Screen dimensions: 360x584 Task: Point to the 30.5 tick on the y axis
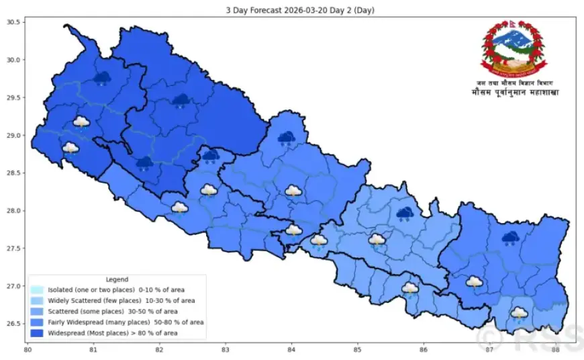[14, 22]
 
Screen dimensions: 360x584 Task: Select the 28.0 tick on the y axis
[14, 211]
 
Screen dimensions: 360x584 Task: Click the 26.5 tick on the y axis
[14, 324]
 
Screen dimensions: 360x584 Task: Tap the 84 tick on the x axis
[291, 349]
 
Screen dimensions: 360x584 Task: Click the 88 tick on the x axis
[555, 349]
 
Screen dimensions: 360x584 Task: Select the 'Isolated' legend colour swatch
[37, 289]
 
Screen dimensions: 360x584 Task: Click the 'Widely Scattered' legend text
[121, 300]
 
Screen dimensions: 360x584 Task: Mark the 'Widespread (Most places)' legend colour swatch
[37, 332]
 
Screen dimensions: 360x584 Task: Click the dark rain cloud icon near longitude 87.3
[510, 238]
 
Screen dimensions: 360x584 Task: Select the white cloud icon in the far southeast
[519, 313]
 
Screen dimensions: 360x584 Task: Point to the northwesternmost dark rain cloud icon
[102, 79]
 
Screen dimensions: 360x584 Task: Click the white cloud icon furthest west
[70, 148]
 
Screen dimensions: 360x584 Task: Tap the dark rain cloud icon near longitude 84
[287, 138]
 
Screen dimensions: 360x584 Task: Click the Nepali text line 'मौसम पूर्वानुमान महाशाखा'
[514, 92]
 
